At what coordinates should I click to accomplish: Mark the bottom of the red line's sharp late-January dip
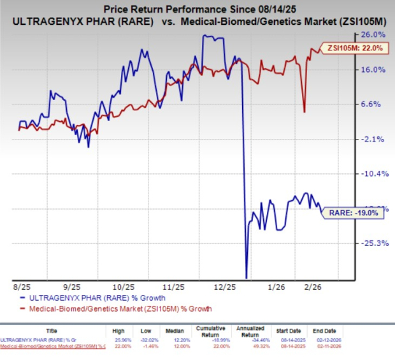pos(304,112)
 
